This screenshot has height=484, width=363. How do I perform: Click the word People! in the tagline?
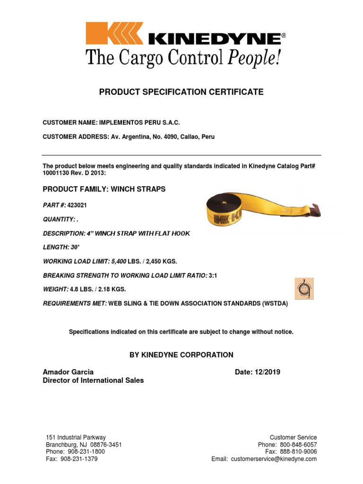point(255,58)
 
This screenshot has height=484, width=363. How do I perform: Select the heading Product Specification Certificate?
point(181,92)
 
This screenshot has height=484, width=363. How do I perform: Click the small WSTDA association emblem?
point(304,288)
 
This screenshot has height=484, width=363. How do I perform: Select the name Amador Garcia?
point(68,372)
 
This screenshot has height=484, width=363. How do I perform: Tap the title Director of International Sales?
point(94,380)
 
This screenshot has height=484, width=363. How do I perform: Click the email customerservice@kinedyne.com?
point(274,459)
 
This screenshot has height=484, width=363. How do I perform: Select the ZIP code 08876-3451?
point(105,445)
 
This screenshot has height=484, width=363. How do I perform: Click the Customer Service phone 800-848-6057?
point(299,445)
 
